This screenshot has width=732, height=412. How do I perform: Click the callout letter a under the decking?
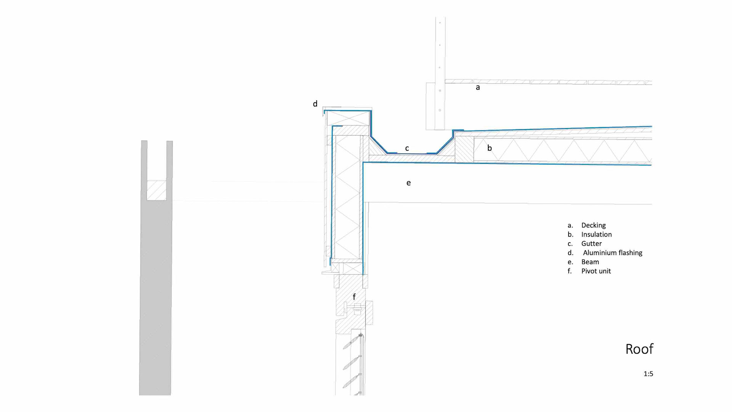tap(478, 87)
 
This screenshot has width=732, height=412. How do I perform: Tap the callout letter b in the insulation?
tap(490, 148)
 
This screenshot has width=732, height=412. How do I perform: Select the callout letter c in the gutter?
tap(407, 148)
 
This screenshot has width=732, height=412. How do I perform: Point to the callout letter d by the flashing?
tap(315, 104)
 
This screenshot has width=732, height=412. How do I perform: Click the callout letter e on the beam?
tap(409, 183)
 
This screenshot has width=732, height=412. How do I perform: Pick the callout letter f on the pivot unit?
tap(354, 297)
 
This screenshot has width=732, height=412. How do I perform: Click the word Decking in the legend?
tap(593, 225)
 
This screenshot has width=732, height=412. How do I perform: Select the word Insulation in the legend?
tap(596, 235)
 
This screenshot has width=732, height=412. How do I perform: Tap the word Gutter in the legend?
tap(591, 244)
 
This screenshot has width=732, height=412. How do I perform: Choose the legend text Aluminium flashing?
tap(612, 253)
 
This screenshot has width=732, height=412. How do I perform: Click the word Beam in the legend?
tap(590, 262)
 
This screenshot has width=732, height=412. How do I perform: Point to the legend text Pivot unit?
tap(596, 271)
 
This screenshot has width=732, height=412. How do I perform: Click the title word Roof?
tap(639, 349)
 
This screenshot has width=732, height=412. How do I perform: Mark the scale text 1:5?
tap(648, 374)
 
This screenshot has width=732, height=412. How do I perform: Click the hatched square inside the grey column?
tap(156, 190)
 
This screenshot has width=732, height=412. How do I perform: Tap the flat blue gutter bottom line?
tap(412, 153)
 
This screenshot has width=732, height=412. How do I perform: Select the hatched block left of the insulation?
tap(464, 150)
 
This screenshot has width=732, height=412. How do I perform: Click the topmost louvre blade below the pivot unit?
tap(351, 342)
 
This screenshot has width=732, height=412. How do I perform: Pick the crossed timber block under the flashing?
tap(348, 118)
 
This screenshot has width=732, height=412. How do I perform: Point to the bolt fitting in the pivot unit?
tap(357, 309)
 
